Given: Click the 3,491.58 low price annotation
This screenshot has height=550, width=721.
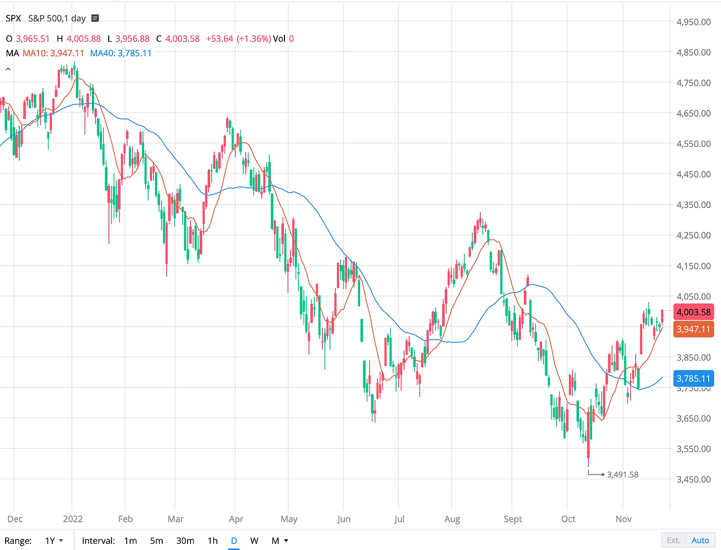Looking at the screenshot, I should (x=622, y=475).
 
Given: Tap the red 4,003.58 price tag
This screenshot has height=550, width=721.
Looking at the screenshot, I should (x=693, y=312).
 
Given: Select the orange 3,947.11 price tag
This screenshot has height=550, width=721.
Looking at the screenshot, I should (x=693, y=329).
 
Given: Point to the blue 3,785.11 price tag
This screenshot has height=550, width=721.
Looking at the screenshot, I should (x=693, y=378).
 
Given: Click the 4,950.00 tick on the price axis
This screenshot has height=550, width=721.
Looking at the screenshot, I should (x=693, y=22).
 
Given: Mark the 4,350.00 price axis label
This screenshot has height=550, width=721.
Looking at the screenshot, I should (x=693, y=204).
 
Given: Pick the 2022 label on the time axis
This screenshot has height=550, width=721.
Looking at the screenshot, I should (x=73, y=519).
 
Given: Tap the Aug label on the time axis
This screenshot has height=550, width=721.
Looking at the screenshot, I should (x=452, y=519).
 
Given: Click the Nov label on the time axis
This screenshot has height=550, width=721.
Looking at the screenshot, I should (x=624, y=519).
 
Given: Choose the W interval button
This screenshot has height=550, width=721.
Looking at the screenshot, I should (x=254, y=540).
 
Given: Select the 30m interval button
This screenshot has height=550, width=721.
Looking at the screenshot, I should (x=185, y=540).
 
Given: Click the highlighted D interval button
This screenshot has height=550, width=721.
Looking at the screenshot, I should (x=234, y=540).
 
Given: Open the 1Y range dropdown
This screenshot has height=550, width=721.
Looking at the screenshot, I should (x=54, y=540).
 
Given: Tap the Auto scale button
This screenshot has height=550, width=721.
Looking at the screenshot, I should (x=700, y=540).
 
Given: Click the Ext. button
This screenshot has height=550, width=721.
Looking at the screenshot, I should (x=674, y=540).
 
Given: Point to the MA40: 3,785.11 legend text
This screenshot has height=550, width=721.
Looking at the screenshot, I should (x=121, y=53).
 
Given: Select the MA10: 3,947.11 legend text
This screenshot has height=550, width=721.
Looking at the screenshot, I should (x=53, y=53).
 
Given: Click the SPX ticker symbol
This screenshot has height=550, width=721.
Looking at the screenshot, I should (x=14, y=18).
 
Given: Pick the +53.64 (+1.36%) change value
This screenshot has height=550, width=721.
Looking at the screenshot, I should (x=238, y=38).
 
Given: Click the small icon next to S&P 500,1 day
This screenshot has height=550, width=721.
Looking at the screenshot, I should (x=95, y=18).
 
